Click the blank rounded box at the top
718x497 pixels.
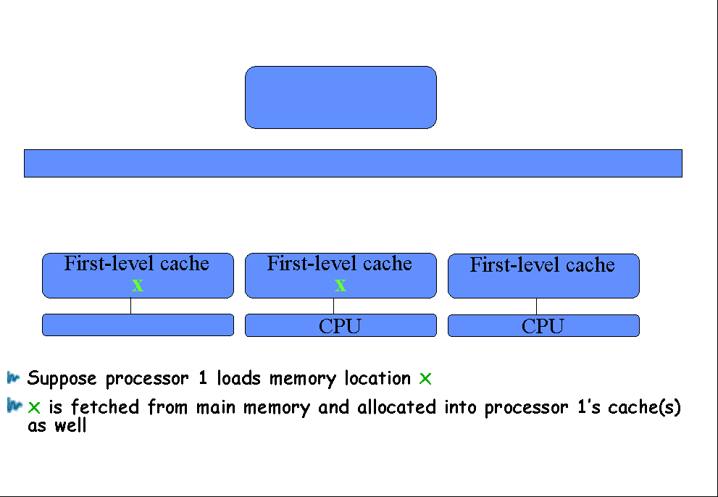point(341,97)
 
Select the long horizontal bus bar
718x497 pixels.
point(353,163)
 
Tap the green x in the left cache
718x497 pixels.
point(138,285)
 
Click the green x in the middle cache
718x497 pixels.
point(341,285)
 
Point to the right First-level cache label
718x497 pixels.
point(542,264)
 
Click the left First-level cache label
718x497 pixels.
point(136,264)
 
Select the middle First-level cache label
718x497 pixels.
point(339,264)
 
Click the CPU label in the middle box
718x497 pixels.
point(340,326)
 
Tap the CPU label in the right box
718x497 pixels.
point(543,326)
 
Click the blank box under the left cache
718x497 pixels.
point(138,325)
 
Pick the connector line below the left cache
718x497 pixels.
point(131,306)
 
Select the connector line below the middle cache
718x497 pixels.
point(334,306)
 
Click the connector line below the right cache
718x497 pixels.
point(537,306)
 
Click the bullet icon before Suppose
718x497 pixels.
point(14,378)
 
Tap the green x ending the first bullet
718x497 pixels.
point(425,379)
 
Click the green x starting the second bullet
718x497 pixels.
point(34,407)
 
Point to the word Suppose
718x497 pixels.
point(62,379)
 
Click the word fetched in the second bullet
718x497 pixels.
point(105,406)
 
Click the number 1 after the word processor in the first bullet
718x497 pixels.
point(202,378)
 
